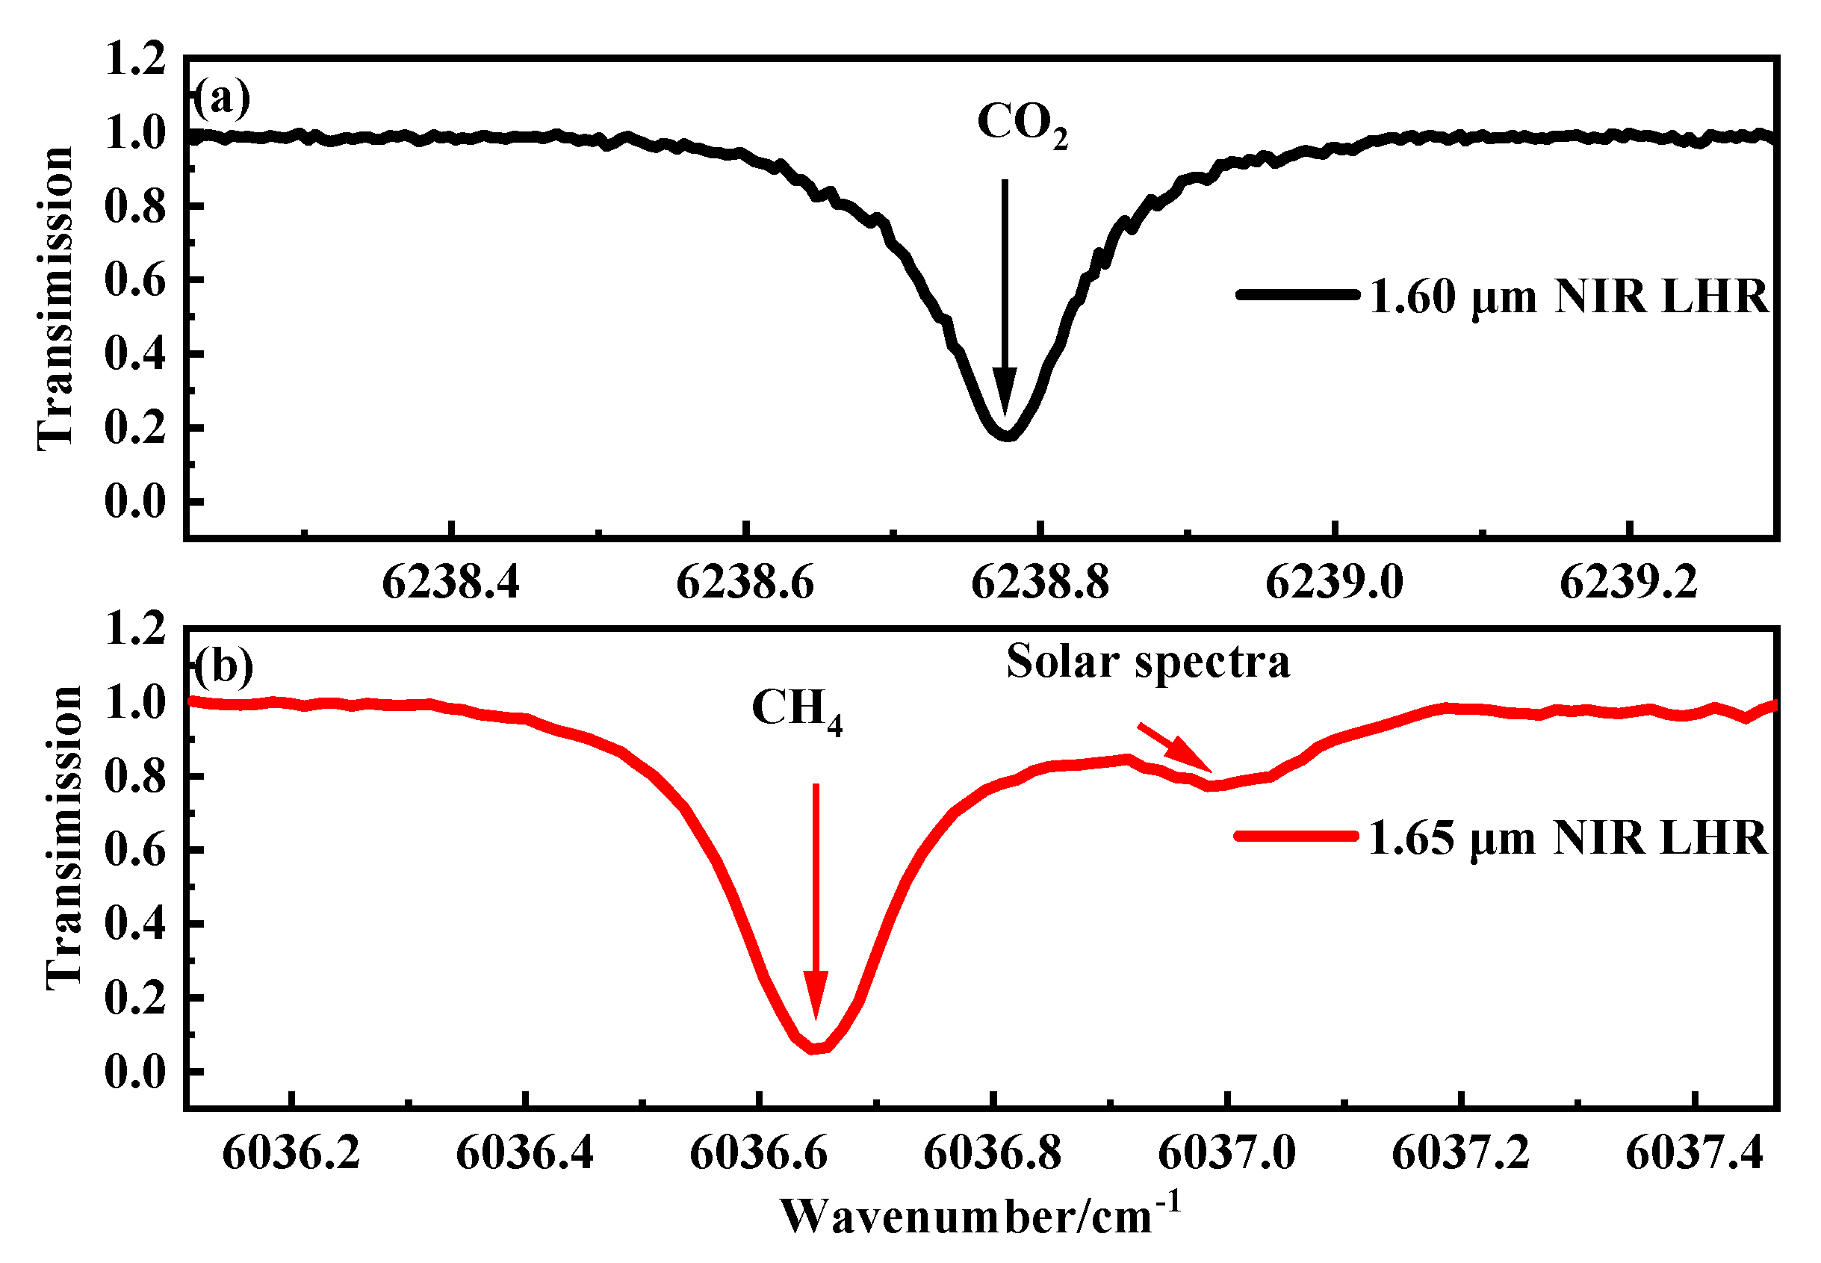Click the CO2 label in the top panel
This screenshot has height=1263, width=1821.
(1021, 125)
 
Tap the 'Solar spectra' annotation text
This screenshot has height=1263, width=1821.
(1147, 662)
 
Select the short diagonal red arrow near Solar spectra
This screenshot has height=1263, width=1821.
(1174, 746)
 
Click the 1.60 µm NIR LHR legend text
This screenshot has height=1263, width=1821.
(1569, 297)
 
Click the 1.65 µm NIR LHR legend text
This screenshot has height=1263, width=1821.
(1567, 838)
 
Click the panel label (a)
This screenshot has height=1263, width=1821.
(222, 99)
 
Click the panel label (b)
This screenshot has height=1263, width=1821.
(223, 665)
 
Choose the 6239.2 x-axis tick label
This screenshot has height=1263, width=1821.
(1628, 584)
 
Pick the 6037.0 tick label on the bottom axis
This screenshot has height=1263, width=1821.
(1226, 1153)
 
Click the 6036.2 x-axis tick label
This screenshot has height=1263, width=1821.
(291, 1153)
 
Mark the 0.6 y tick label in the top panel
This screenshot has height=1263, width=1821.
(135, 281)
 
